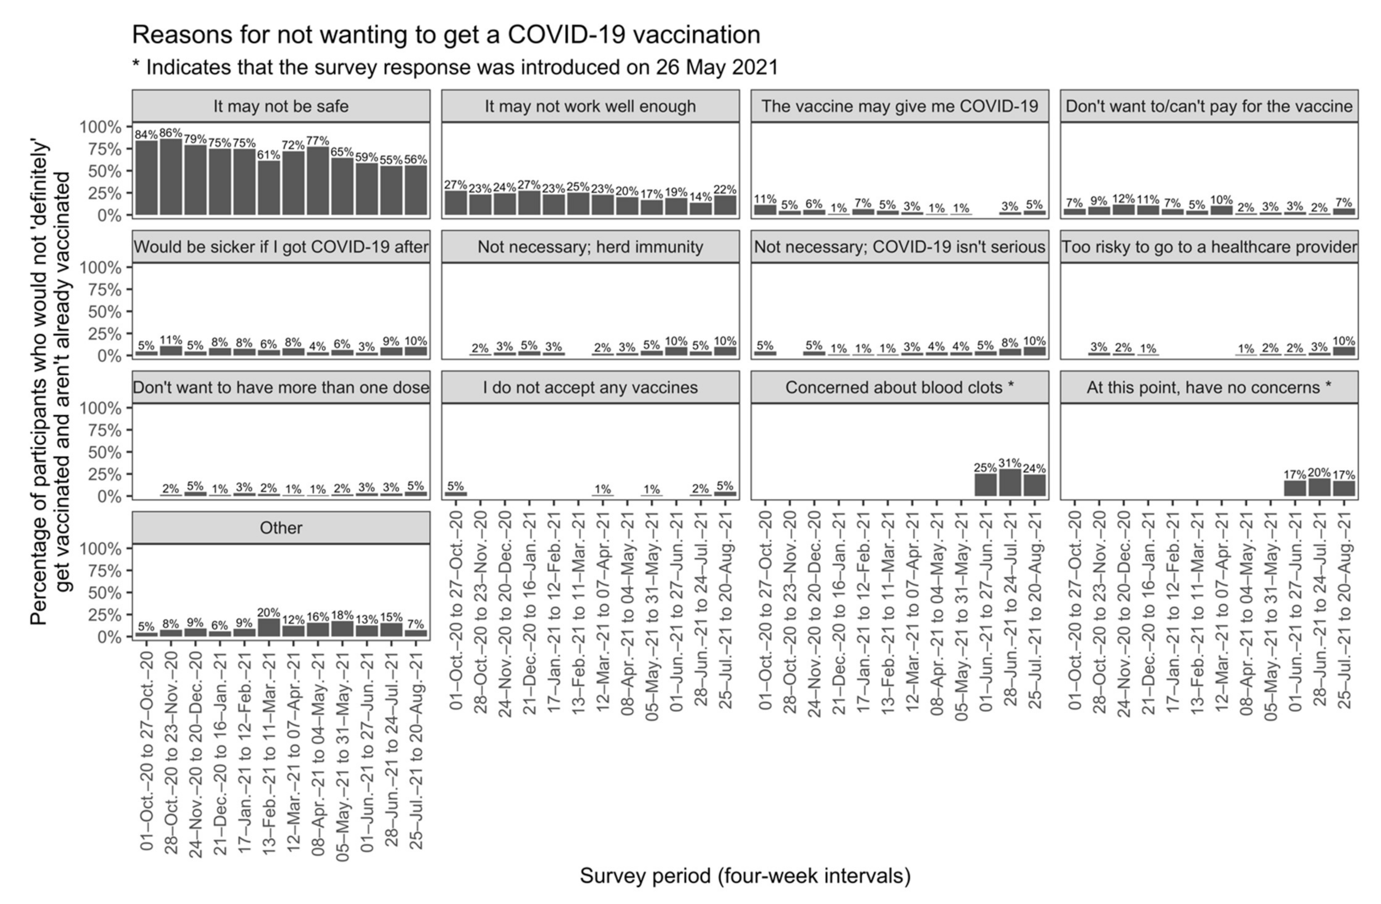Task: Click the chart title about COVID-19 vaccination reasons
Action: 446,35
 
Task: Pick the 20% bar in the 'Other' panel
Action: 269,628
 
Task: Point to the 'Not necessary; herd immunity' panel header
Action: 590,247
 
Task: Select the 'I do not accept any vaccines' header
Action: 590,388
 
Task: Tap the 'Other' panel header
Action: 281,528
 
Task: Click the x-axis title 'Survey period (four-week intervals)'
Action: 745,876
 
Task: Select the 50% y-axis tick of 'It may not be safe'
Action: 104,171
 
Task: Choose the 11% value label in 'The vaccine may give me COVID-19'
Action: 765,199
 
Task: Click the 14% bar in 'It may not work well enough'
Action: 700,209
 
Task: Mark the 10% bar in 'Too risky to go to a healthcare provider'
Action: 1344,351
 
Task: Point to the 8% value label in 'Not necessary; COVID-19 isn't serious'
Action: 1010,343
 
